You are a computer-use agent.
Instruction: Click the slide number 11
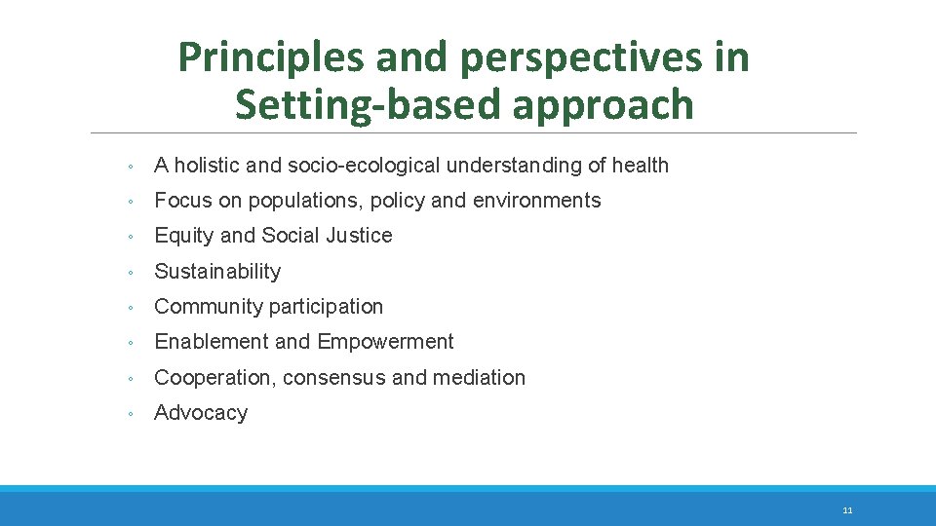click(847, 509)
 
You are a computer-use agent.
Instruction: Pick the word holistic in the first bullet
click(208, 166)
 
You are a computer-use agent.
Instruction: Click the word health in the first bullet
click(641, 166)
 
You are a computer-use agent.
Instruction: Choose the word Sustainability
click(217, 272)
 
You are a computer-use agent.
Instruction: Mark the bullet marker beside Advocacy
click(130, 414)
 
